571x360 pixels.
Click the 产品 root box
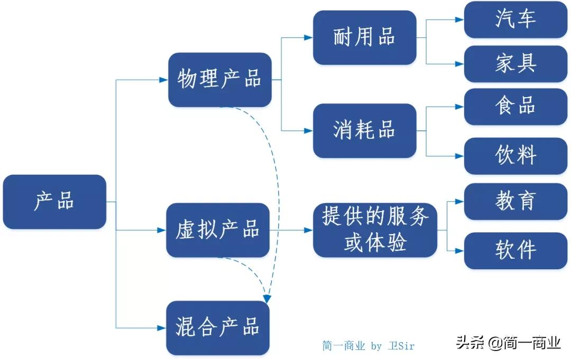(54, 202)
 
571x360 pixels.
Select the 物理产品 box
(219, 80)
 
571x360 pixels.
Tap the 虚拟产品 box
(218, 230)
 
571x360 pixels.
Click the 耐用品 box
(364, 37)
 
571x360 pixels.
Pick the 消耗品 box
(364, 130)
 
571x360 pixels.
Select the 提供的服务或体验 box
(375, 230)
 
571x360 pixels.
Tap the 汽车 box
(515, 20)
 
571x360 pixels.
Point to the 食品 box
(515, 107)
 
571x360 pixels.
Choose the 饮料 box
(515, 156)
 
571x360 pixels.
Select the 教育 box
(515, 201)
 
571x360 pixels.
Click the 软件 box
(515, 251)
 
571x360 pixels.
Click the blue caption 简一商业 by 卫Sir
(369, 346)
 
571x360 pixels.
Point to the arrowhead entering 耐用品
(309, 37)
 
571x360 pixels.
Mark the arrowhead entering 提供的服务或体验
(309, 230)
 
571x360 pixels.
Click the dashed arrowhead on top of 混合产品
(267, 299)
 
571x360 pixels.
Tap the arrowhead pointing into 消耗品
(309, 130)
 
